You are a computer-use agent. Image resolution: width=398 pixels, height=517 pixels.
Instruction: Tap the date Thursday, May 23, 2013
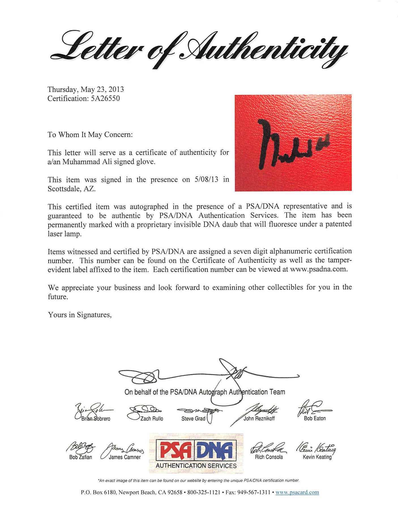point(85,89)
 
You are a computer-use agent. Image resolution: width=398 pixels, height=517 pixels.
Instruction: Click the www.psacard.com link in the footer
point(297,492)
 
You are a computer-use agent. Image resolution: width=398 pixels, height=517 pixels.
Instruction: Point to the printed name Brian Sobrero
point(96,419)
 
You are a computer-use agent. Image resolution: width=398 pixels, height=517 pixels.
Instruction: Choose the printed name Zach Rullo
point(152,419)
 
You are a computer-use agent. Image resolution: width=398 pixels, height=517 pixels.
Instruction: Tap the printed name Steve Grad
point(193,419)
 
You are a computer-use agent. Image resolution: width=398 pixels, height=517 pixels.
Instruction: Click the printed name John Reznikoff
point(259,418)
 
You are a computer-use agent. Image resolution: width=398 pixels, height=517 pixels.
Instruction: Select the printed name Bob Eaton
point(315,418)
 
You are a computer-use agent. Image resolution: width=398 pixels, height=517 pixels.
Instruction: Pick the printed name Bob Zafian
point(81,457)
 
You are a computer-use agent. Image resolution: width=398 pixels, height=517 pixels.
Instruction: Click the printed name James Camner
point(125,457)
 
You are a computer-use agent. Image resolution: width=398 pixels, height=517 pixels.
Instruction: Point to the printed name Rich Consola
point(269,457)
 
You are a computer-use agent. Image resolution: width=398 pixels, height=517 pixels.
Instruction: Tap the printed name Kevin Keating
point(317,457)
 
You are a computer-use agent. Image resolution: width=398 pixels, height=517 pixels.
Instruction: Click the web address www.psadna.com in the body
point(319,269)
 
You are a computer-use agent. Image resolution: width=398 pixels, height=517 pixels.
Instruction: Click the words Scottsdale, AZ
point(71,189)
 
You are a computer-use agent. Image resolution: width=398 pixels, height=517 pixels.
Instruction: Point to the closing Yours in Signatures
point(80,315)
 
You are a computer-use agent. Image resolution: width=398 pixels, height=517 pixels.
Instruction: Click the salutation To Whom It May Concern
point(90,134)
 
